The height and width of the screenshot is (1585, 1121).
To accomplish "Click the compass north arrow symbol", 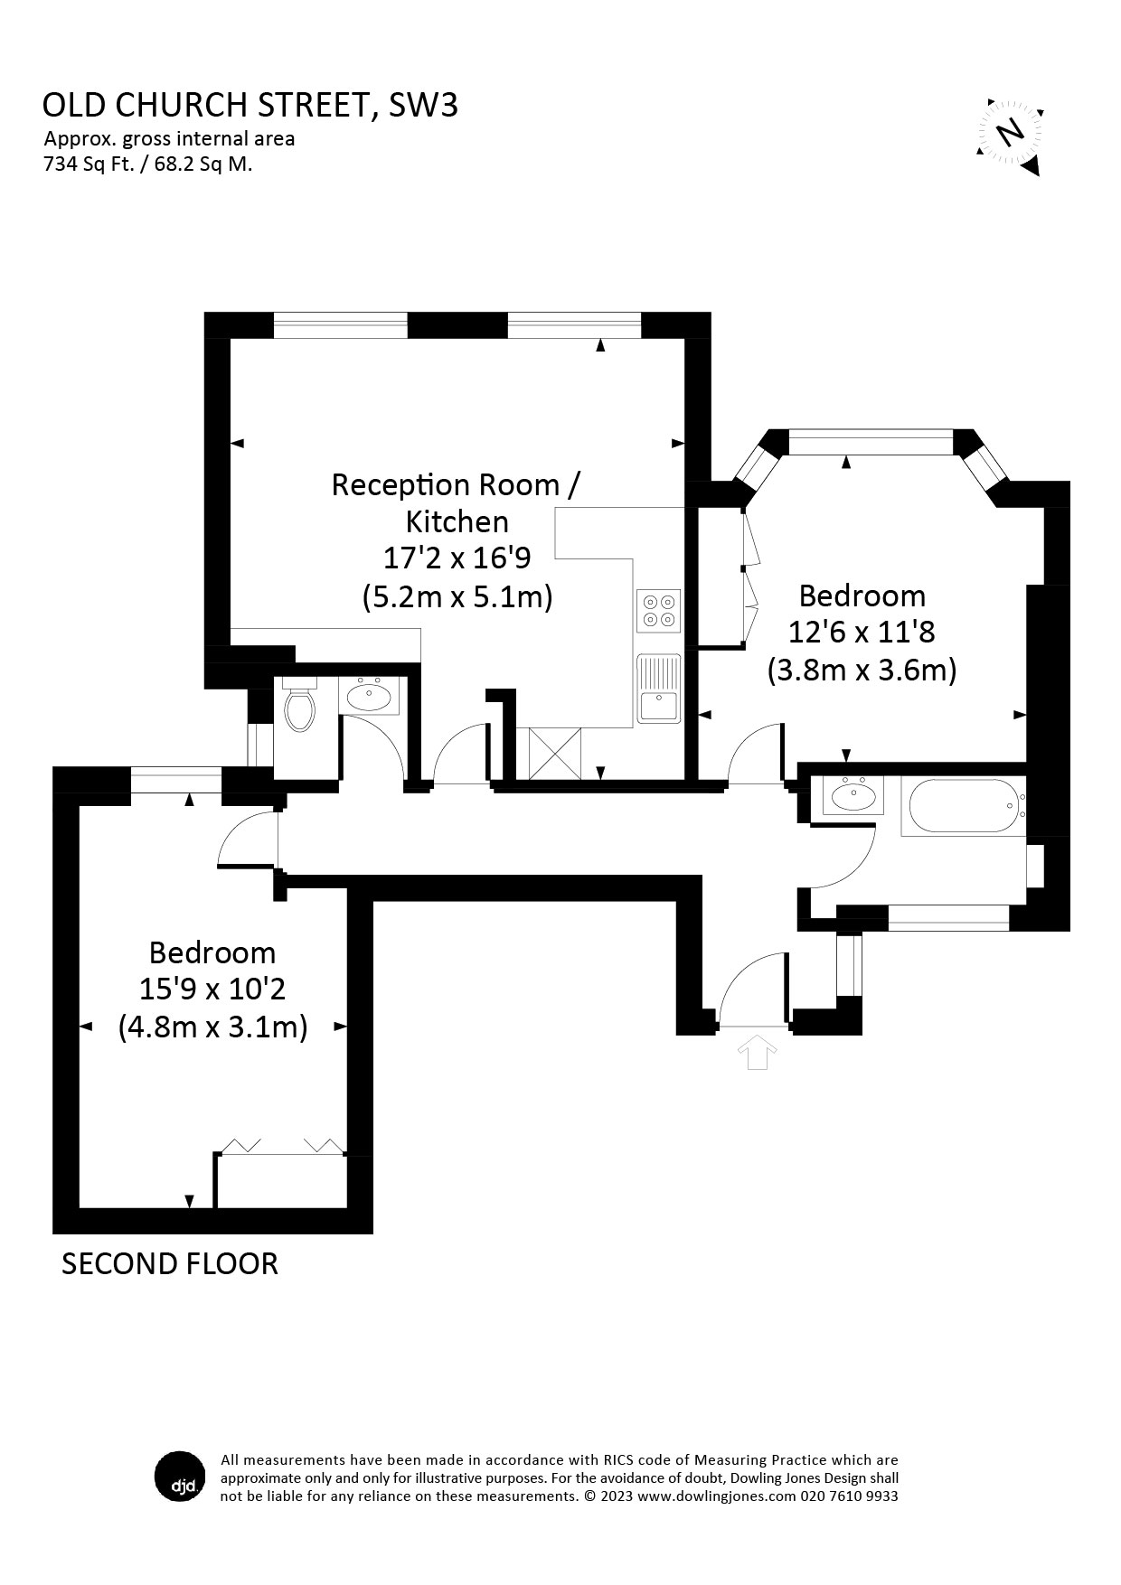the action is (1011, 135).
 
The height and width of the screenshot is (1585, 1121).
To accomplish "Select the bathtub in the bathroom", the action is (965, 806).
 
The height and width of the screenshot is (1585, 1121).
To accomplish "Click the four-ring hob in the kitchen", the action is (658, 610).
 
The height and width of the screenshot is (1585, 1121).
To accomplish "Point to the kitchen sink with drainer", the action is (658, 689).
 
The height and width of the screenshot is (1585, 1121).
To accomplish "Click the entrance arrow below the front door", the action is (757, 1053).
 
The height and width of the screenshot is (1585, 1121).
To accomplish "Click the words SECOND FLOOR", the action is (169, 1263).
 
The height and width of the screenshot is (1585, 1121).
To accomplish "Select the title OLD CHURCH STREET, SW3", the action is (250, 106).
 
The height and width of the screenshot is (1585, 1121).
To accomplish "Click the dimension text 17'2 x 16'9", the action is (457, 558).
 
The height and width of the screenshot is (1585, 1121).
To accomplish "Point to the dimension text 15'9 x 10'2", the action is (212, 989).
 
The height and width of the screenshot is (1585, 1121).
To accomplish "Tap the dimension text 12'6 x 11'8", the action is (862, 632).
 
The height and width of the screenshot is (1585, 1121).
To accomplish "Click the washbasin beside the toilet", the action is (369, 696).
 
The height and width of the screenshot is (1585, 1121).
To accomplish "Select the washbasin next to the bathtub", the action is (853, 796).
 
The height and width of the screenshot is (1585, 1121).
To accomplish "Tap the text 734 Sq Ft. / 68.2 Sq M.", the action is (147, 164).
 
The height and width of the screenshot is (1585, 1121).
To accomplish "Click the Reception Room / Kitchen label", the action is (457, 503).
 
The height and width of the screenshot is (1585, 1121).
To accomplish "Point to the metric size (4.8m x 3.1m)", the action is (213, 1027).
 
